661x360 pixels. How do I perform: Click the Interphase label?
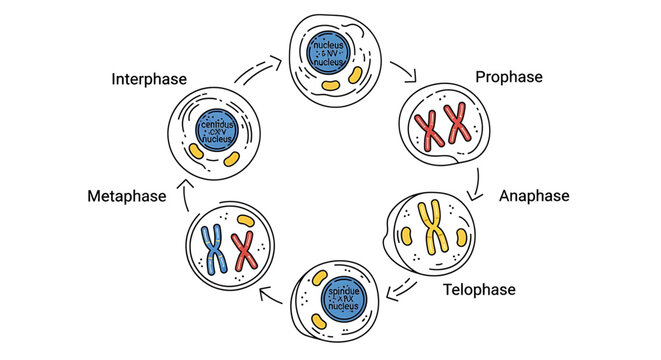pos(152,79)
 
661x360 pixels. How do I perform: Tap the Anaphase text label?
pos(534,196)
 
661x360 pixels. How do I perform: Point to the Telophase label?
pos(479,290)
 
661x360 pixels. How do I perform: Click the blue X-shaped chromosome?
pos(212,247)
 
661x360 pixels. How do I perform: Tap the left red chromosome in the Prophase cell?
pos(430,131)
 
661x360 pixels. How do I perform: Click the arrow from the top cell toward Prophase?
pos(405,70)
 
